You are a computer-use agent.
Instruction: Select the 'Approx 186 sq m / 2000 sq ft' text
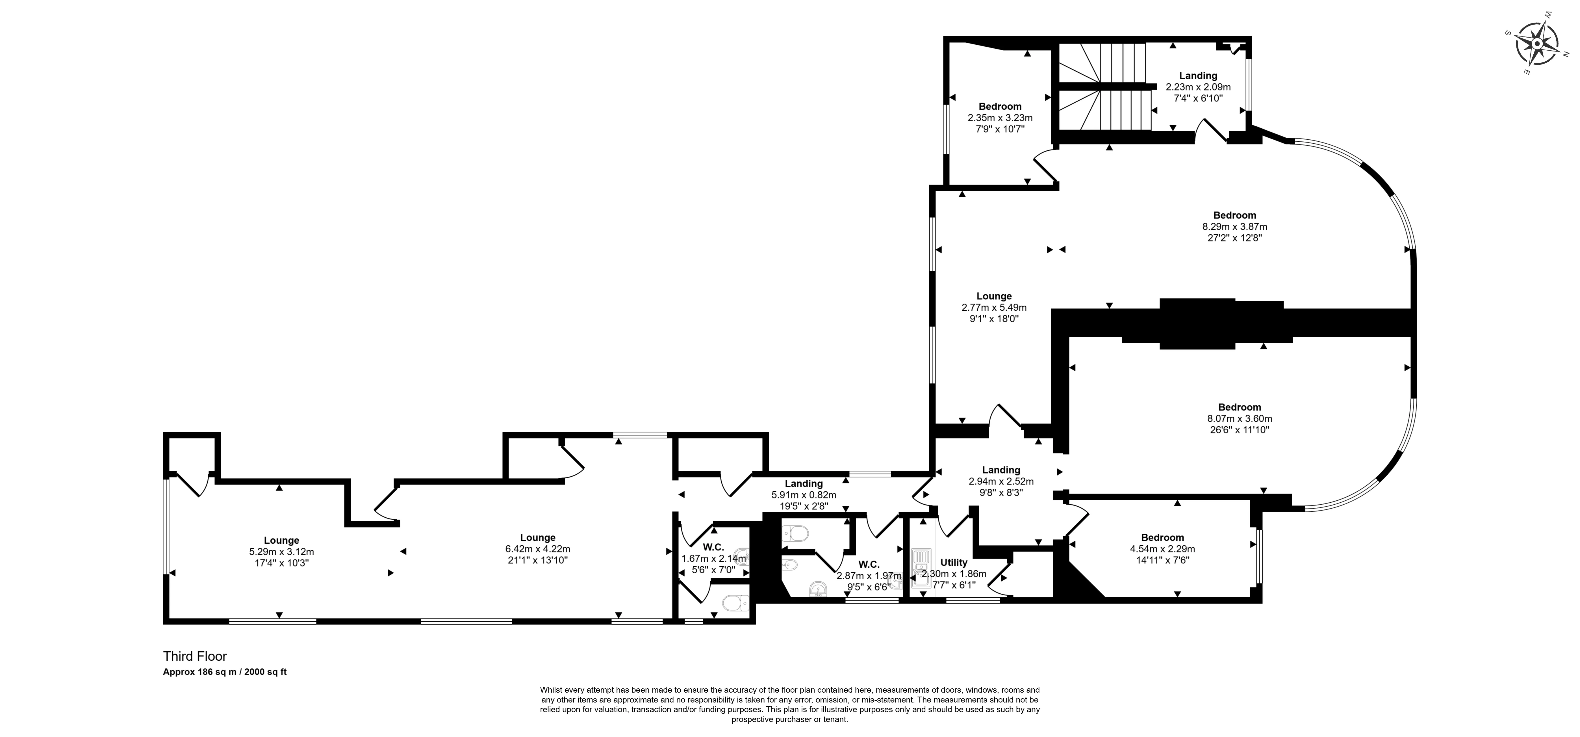225,672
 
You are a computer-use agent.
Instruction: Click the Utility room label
954,562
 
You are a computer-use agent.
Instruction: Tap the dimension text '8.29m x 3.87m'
1235,226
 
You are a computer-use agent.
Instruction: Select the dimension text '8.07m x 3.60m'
1240,418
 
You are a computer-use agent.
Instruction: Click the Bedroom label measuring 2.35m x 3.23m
1000,106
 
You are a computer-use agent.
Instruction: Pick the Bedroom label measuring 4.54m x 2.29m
1162,538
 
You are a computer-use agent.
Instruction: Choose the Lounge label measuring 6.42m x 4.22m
538,538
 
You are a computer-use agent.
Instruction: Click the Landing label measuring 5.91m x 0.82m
804,484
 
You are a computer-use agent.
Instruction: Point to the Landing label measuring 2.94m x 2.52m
1001,470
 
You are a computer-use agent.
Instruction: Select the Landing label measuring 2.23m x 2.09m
1198,75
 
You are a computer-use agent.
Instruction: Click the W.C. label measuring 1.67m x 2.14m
713,547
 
